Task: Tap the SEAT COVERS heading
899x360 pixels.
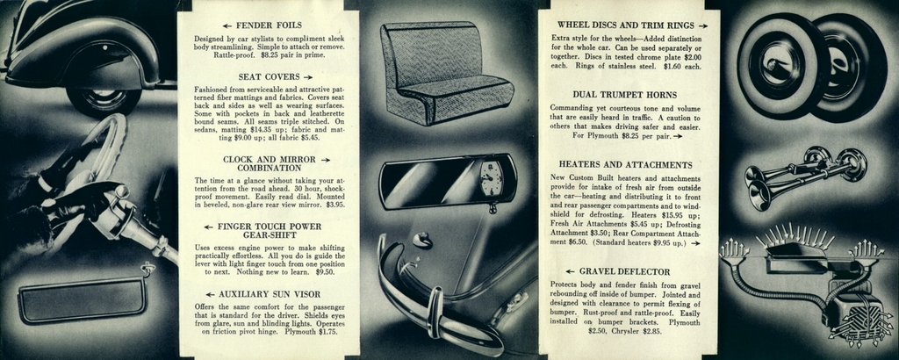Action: point(270,76)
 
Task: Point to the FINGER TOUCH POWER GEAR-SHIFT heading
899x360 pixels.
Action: point(270,231)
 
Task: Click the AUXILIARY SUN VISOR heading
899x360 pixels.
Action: point(270,293)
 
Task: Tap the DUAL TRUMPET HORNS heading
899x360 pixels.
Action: point(625,94)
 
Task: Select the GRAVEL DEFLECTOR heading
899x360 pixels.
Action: point(624,271)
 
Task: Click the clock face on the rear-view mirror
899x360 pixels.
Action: point(492,179)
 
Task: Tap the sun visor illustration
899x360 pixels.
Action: point(83,299)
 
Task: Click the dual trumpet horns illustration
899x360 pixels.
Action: point(803,176)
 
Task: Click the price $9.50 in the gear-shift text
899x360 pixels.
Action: point(325,272)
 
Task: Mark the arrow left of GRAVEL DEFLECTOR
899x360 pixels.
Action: point(570,271)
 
